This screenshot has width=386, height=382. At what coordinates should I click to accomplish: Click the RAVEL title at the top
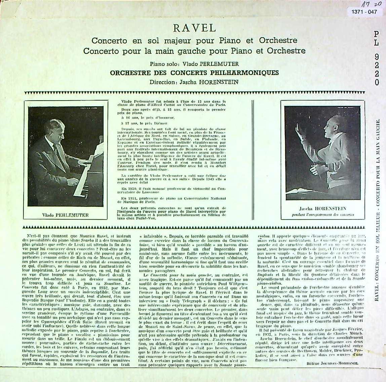tap(193, 28)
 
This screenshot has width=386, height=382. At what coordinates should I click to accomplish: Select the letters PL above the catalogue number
tap(376, 38)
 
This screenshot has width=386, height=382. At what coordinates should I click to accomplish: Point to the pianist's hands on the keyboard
tap(83, 161)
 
